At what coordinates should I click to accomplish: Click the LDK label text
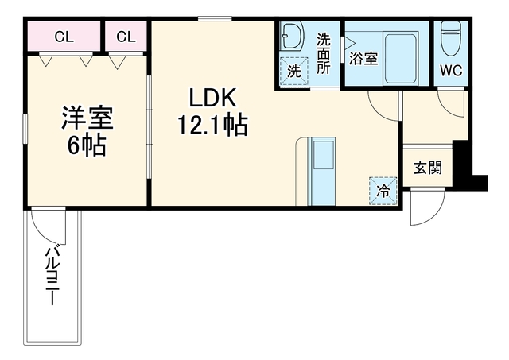(212, 98)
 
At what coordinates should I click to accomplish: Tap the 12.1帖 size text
(212, 125)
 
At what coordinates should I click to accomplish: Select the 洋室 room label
(87, 118)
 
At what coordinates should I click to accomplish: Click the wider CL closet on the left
(64, 36)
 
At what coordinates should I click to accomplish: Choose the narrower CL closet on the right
(126, 36)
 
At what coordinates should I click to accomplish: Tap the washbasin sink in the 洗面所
(291, 36)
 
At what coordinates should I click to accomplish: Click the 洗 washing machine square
(293, 72)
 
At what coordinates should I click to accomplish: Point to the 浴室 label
(363, 59)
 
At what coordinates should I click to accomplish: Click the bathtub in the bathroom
(400, 58)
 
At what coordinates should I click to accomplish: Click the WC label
(451, 70)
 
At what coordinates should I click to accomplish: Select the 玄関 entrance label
(428, 168)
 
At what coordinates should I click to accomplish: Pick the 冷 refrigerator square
(383, 191)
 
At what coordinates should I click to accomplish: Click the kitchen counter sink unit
(321, 171)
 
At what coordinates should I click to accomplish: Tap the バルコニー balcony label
(52, 276)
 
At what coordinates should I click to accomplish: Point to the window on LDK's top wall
(215, 18)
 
